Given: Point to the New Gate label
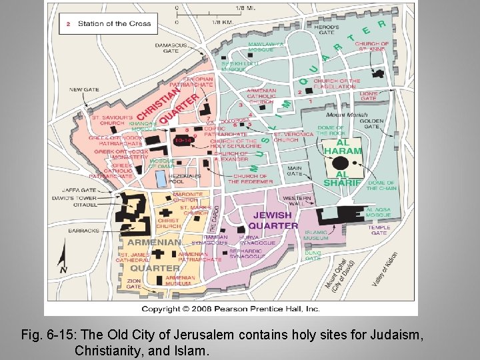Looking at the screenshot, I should (x=84, y=89).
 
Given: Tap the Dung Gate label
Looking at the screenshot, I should (x=313, y=256).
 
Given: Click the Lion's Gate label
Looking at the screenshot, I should (x=368, y=96).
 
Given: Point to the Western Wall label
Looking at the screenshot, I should (x=297, y=201).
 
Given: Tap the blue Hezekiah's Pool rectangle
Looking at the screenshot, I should (x=161, y=179).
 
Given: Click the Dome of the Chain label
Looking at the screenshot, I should (x=381, y=185).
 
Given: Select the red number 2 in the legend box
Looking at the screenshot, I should (x=67, y=24).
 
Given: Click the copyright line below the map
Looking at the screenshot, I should (x=231, y=309).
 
